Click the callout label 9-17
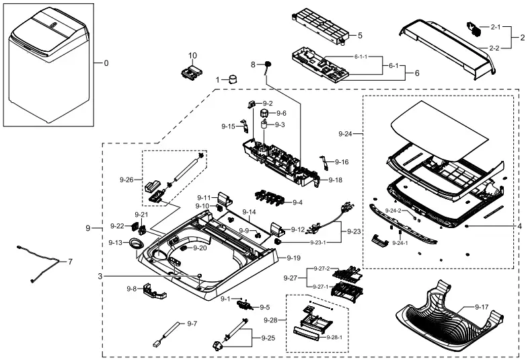click(x=481, y=307)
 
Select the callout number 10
click(x=192, y=55)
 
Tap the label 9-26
click(x=126, y=180)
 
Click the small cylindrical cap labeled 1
click(x=233, y=79)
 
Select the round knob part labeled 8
click(x=267, y=65)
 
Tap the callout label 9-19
click(x=293, y=258)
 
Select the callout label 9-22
click(x=116, y=226)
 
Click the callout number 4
click(x=519, y=227)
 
